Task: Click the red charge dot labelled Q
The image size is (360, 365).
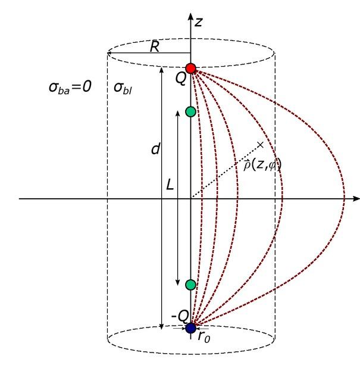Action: click(x=190, y=68)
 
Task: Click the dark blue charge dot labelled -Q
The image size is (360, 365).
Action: click(x=190, y=328)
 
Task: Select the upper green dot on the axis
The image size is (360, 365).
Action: click(x=190, y=112)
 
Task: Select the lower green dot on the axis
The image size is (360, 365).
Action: click(x=190, y=285)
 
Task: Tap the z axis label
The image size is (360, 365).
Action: click(x=199, y=22)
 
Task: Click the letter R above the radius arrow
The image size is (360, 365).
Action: click(x=155, y=46)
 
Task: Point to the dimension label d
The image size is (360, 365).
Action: click(x=155, y=149)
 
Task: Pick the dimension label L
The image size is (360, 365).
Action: click(x=170, y=185)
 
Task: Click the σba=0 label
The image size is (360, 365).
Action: click(x=70, y=88)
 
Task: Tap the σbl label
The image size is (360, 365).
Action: click(x=123, y=88)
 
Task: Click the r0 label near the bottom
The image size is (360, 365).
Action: click(x=204, y=337)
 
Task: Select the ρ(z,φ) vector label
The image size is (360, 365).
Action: click(x=262, y=165)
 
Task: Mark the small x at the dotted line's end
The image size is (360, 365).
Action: click(x=261, y=145)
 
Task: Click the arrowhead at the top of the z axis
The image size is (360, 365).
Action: click(x=190, y=17)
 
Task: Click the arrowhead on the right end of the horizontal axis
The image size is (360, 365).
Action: click(x=356, y=198)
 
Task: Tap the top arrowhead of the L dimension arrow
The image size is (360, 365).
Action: click(x=177, y=113)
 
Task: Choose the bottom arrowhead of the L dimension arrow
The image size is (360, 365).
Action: click(x=177, y=282)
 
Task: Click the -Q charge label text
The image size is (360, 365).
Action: click(x=180, y=316)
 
